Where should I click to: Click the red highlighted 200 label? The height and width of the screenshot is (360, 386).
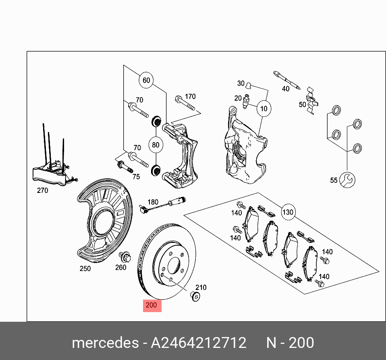(x=152, y=305)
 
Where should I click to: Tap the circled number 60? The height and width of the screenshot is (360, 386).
(x=146, y=81)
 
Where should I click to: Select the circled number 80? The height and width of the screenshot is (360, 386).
(x=156, y=145)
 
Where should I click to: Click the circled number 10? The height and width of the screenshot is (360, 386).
(x=264, y=109)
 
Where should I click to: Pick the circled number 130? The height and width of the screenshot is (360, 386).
(x=288, y=212)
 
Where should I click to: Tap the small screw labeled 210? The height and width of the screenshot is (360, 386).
(x=195, y=297)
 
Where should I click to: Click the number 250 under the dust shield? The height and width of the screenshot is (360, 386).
(x=85, y=269)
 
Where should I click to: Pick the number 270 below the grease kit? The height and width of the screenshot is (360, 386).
(x=42, y=190)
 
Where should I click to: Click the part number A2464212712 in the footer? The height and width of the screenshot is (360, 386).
(x=198, y=343)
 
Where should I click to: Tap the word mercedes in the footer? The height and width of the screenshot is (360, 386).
(x=104, y=343)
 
